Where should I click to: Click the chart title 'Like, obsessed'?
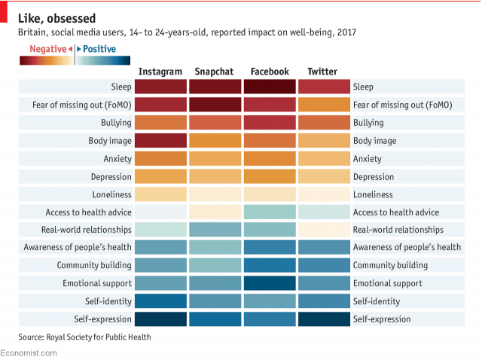62,17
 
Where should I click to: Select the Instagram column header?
160,72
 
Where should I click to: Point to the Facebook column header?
269,72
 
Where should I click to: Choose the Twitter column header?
322,72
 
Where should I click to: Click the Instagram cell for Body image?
160,141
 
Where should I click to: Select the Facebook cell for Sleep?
269,87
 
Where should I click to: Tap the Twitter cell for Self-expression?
323,319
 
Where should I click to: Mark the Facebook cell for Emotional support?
269,283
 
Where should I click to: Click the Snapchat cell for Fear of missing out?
215,105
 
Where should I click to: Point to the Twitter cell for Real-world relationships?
323,230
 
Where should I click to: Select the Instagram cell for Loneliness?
160,194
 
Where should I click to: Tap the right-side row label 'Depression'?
374,176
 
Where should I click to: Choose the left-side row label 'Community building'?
94,265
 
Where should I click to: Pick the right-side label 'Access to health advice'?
395,212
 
